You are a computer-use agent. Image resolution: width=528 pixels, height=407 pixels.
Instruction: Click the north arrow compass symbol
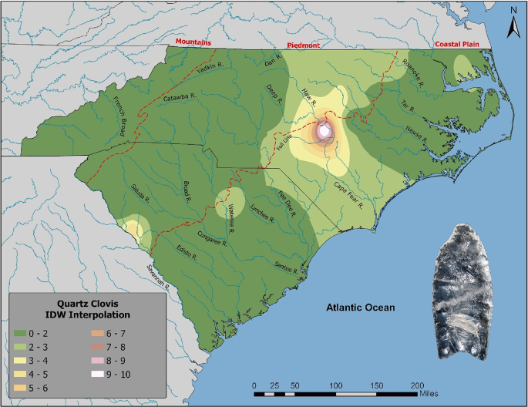(x=513, y=23)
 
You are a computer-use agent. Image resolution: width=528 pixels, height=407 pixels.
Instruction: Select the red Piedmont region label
(x=303, y=45)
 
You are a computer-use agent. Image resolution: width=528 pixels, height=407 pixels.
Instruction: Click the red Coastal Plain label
(x=457, y=45)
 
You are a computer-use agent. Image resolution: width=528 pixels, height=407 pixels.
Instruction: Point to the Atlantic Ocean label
(x=359, y=308)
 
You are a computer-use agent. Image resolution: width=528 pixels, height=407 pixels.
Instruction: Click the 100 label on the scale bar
(x=335, y=384)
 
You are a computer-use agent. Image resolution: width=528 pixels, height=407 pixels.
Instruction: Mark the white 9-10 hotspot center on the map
(x=325, y=131)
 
